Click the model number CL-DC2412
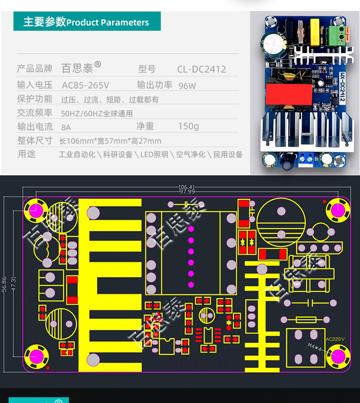[x=202, y=69]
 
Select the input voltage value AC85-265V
[x=85, y=85]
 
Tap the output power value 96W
[x=187, y=86]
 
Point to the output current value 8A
[x=66, y=127]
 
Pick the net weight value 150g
[x=188, y=126]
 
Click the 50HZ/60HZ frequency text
[x=96, y=114]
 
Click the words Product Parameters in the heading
[x=108, y=23]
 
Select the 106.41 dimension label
[x=187, y=187]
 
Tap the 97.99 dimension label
[x=187, y=192]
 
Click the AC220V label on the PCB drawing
[x=335, y=339]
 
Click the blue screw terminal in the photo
[x=306, y=157]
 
